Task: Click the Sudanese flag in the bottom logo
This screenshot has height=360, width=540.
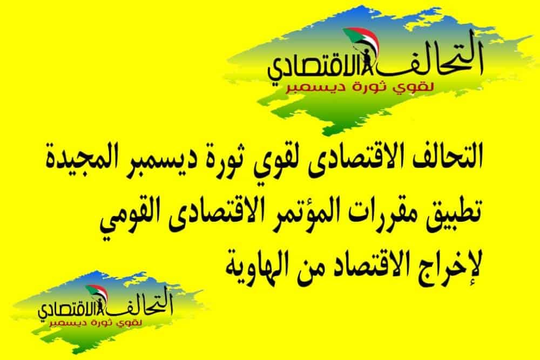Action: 97,293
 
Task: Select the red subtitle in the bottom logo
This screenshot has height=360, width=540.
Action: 97,323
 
